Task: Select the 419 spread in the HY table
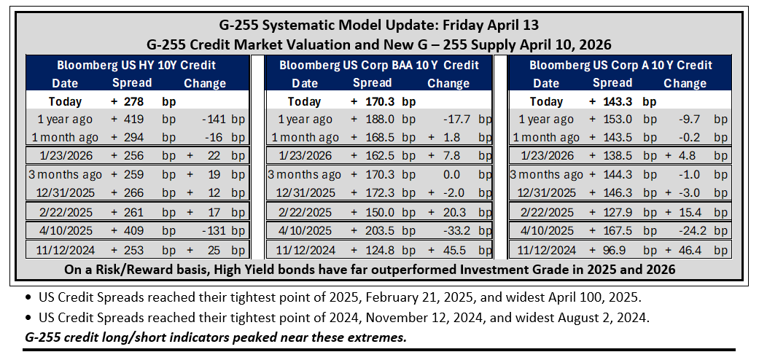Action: pyautogui.click(x=133, y=120)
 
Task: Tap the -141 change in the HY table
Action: pyautogui.click(x=211, y=120)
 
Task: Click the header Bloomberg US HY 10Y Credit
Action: pyautogui.click(x=136, y=65)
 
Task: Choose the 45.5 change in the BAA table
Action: pyautogui.click(x=453, y=250)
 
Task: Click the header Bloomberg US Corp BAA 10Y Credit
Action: pyautogui.click(x=379, y=65)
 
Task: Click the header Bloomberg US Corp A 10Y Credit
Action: pyautogui.click(x=621, y=65)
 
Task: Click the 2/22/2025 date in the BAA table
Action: pyautogui.click(x=305, y=211)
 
